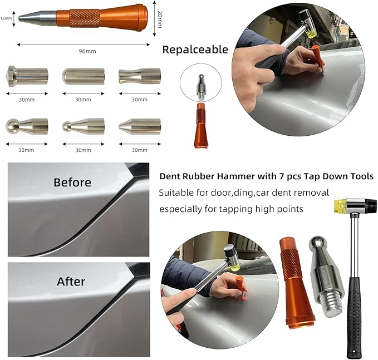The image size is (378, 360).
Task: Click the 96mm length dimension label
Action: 88,51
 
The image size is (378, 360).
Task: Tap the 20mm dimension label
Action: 159,20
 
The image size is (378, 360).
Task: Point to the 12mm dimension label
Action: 6,18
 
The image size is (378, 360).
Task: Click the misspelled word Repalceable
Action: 195,50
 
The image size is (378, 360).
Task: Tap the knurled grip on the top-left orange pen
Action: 84,18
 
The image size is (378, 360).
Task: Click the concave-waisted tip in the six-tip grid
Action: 139,76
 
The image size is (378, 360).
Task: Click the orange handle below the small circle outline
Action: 201,127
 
